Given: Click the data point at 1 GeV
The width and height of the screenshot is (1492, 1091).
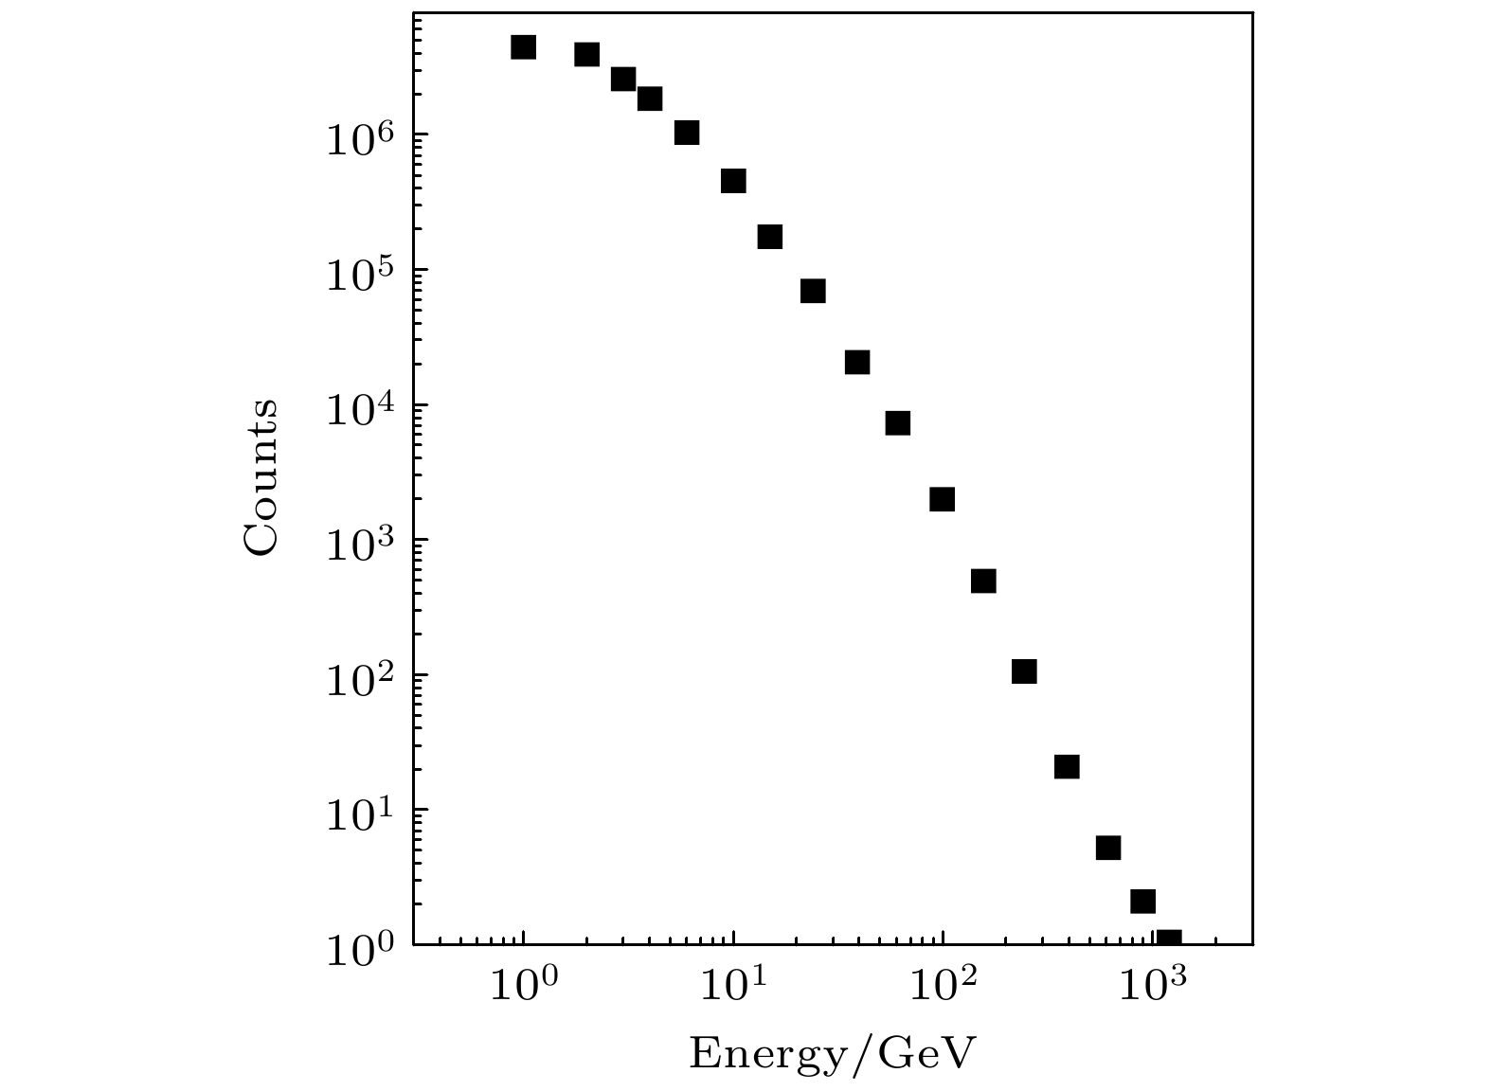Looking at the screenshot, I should (523, 47).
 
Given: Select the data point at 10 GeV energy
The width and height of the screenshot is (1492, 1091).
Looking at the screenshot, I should (733, 181).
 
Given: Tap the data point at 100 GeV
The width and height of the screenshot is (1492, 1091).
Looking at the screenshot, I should (942, 499).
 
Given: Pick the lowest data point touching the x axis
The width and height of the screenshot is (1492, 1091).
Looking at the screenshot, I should (1169, 939).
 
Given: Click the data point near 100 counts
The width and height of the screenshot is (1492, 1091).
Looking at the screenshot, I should (1024, 671).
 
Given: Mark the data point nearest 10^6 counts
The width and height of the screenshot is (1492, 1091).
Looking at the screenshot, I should (687, 133).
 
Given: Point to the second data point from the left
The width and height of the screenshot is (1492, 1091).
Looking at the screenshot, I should (586, 55).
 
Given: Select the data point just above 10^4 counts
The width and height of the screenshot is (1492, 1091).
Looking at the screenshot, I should (857, 363).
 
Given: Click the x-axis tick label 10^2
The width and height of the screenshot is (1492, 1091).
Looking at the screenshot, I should (942, 987).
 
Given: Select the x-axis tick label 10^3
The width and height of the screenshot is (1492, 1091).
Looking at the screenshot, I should (1152, 987).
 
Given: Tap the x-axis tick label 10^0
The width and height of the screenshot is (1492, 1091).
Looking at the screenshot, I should (522, 987).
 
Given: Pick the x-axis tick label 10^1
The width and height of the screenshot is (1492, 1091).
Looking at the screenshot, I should (732, 987).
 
